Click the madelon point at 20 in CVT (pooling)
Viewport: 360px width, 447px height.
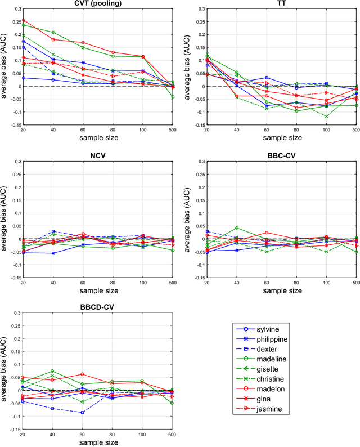(x=23, y=20)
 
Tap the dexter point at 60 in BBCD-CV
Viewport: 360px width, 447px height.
(x=82, y=413)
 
